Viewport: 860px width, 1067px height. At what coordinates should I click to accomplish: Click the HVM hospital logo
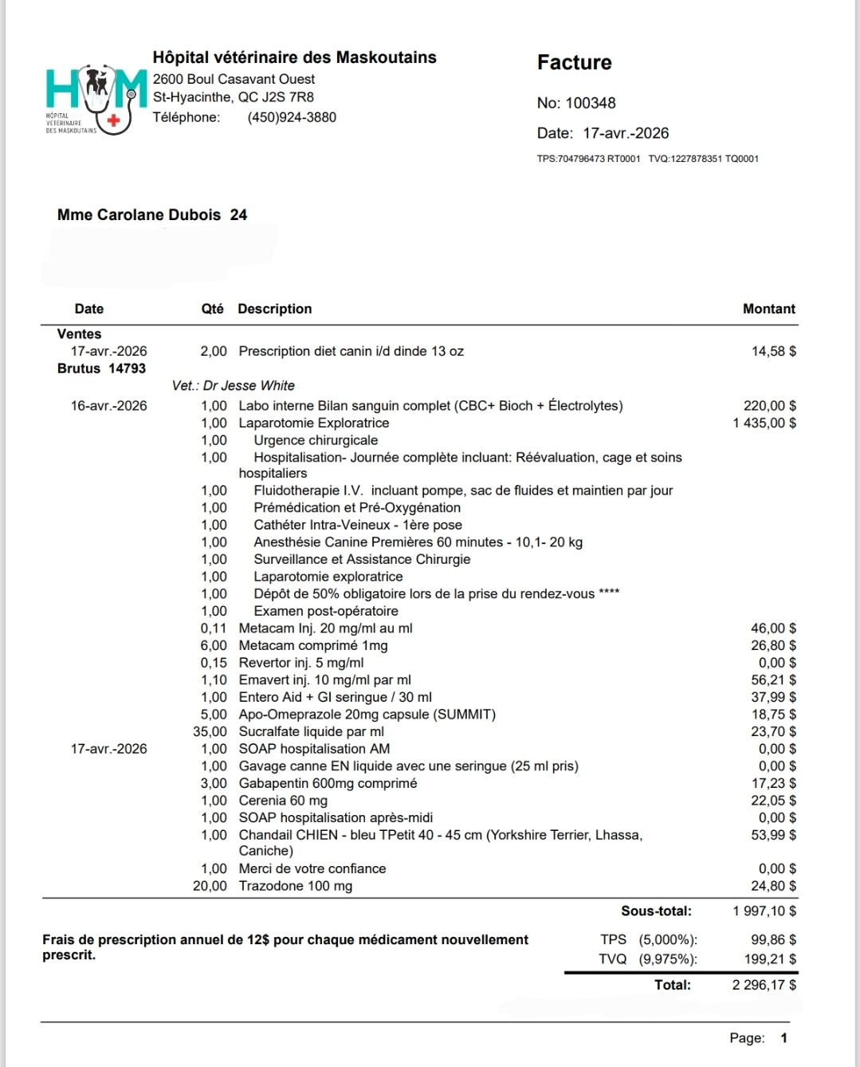pos(96,98)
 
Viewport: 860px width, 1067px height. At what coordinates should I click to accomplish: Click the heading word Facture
pos(574,63)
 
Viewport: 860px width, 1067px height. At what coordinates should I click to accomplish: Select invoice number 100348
pos(590,103)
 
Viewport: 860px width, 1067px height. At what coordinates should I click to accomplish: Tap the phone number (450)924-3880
pos(292,117)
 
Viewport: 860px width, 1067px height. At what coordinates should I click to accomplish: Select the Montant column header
pos(768,309)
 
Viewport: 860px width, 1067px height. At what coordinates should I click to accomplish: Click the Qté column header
pos(212,309)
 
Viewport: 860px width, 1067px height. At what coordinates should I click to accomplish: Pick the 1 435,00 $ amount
pos(764,423)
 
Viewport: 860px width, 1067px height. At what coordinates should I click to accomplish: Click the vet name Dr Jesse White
pos(249,385)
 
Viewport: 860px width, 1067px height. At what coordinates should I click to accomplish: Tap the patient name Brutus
pos(79,368)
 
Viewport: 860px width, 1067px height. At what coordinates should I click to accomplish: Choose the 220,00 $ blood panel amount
pos(769,405)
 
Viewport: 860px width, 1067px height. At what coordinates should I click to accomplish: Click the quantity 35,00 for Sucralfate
pos(210,731)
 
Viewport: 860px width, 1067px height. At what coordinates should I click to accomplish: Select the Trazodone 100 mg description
pos(295,886)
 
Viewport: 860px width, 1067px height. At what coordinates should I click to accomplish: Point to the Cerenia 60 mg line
pos(283,801)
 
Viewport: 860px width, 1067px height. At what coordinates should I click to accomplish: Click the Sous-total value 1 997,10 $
pos(764,911)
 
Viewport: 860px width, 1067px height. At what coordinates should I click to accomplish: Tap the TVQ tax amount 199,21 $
pos(772,959)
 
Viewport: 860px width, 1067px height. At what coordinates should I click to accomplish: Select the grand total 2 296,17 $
pos(764,985)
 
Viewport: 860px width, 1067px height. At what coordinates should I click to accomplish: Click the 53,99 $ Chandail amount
pos(773,835)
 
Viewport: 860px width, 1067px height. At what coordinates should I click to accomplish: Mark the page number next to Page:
pos(784,1037)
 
